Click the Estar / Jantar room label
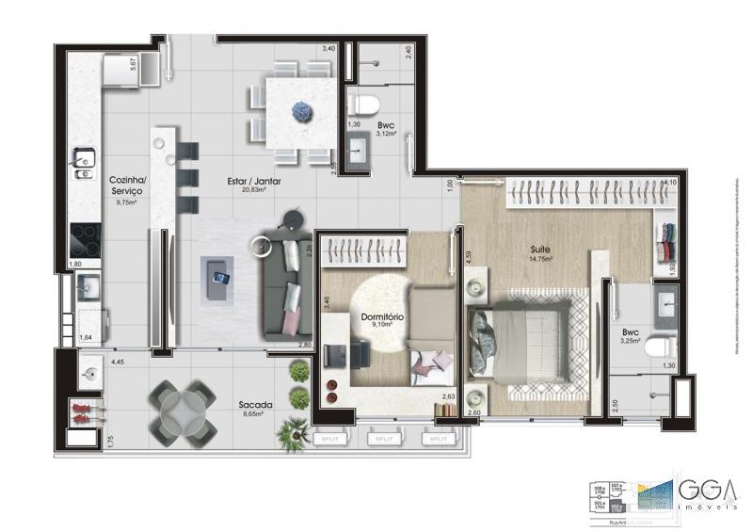(254, 180)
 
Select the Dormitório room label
(383, 317)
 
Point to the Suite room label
(539, 249)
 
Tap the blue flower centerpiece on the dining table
(301, 110)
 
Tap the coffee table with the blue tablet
(219, 278)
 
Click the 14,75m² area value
(539, 258)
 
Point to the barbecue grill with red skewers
(83, 411)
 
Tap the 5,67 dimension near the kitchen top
(134, 63)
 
